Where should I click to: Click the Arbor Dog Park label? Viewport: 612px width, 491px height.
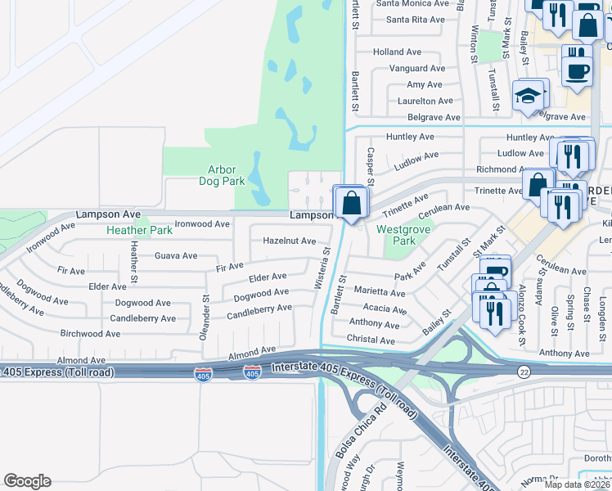point(222,175)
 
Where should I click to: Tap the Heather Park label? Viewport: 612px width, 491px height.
point(139,231)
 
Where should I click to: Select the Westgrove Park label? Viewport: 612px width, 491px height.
point(398,236)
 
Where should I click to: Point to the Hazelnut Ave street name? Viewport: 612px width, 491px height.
point(289,241)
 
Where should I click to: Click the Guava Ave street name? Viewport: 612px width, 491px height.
point(176,256)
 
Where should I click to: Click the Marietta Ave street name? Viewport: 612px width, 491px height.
point(379,292)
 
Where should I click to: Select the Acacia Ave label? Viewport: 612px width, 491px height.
point(384,310)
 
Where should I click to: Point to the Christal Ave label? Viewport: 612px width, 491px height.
point(371,340)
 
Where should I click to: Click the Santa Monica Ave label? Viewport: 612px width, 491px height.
point(412,3)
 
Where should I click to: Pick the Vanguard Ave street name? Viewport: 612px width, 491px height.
point(417,69)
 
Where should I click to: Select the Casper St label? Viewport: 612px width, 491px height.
point(371,160)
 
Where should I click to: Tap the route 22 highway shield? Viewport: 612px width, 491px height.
point(524,372)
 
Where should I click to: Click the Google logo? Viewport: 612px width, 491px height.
point(27,481)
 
